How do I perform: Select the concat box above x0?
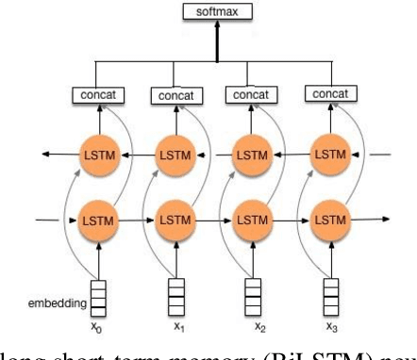pyautogui.click(x=97, y=95)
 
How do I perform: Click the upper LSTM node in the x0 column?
pyautogui.click(x=97, y=153)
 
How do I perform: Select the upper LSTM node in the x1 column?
pyautogui.click(x=175, y=153)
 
